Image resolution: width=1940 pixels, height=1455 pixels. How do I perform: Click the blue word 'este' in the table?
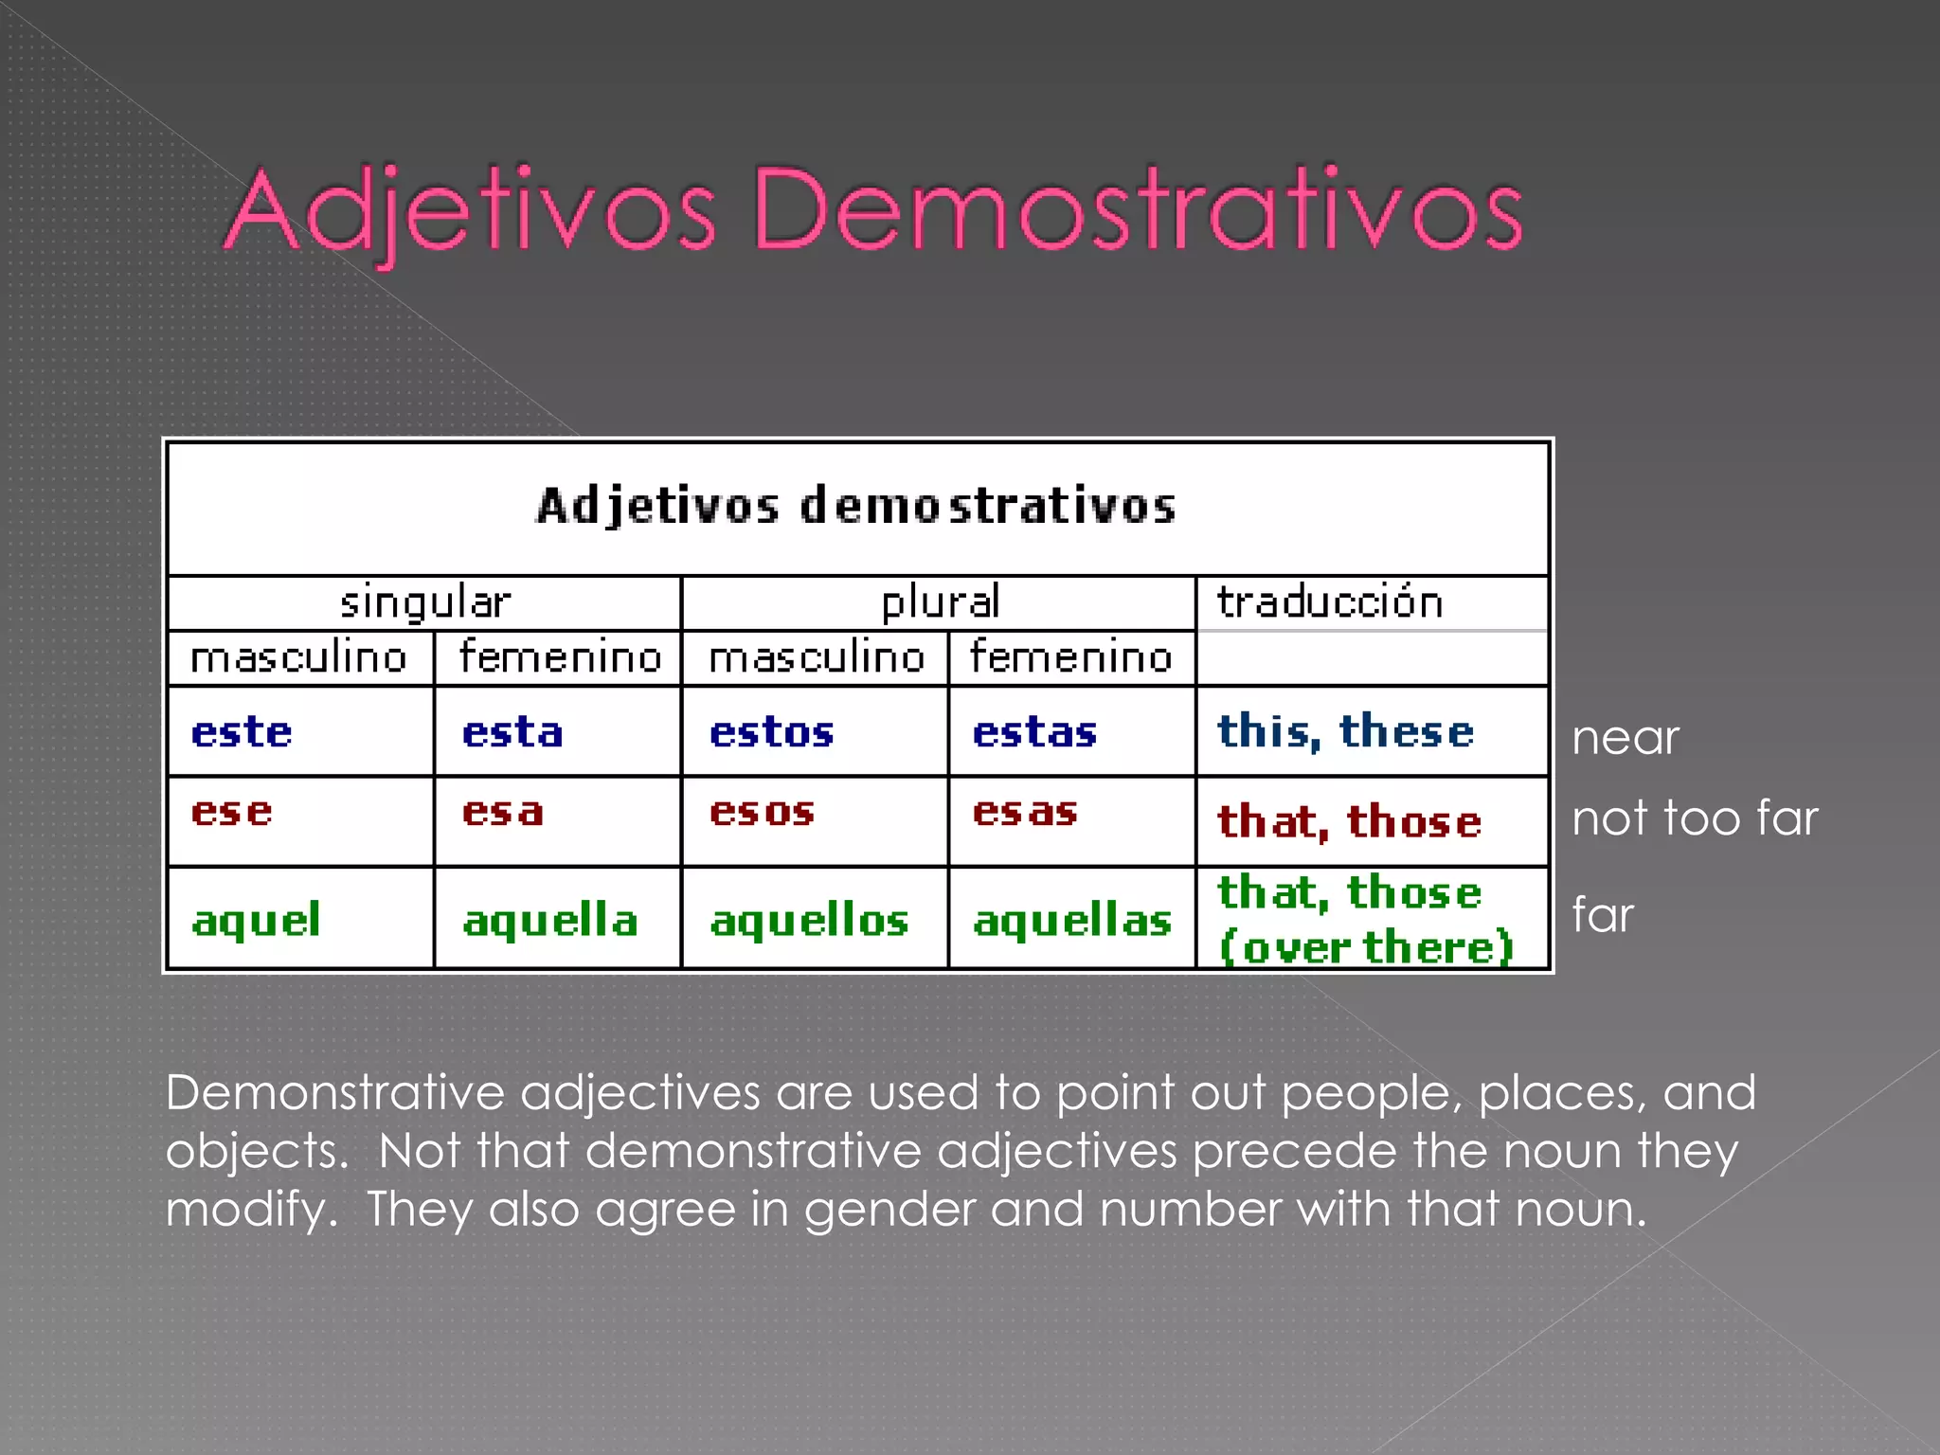pyautogui.click(x=242, y=732)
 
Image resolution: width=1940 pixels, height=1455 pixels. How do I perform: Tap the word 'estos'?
pyautogui.click(x=772, y=732)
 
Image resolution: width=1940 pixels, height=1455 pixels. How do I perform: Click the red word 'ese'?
pyautogui.click(x=232, y=812)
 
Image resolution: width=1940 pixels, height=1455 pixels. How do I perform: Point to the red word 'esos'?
pyautogui.click(x=763, y=812)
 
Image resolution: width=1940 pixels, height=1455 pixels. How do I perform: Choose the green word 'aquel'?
pyautogui.click(x=256, y=920)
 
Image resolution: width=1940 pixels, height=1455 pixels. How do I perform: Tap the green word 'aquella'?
pyautogui.click(x=550, y=920)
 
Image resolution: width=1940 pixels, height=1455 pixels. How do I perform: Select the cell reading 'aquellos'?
pyautogui.click(x=810, y=920)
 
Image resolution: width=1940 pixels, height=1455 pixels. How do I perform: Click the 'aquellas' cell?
pyautogui.click(x=1072, y=920)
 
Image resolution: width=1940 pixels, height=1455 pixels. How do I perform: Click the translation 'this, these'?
pyautogui.click(x=1345, y=732)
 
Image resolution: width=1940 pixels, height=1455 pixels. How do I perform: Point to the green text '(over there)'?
pyautogui.click(x=1366, y=946)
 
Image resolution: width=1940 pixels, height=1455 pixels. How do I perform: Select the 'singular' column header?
pyautogui.click(x=425, y=602)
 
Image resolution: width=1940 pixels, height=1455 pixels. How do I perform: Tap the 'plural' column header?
pyautogui.click(x=940, y=602)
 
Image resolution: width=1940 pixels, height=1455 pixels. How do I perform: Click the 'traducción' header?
pyautogui.click(x=1329, y=602)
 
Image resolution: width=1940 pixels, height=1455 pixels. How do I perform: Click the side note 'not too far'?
pyautogui.click(x=1695, y=817)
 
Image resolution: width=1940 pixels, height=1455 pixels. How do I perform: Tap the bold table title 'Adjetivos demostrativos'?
pyautogui.click(x=856, y=506)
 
